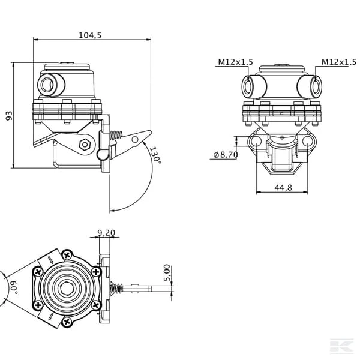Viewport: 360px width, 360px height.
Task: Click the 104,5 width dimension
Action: pos(90,35)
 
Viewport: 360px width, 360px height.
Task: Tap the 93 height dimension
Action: pos(9,115)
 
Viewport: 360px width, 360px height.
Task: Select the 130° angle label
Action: pos(155,155)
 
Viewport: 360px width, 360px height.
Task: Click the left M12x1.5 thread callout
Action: pos(235,62)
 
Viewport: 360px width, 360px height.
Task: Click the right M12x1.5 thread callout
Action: pos(339,62)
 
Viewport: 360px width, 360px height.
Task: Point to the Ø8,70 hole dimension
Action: pos(226,155)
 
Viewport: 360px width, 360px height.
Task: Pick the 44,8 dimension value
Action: pos(283,188)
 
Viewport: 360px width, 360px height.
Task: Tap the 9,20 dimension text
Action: pos(106,233)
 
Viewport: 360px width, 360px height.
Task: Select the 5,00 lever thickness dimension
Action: pos(167,272)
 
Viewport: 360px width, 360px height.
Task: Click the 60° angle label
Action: pos(13,286)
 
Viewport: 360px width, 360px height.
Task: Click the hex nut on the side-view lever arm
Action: pos(85,145)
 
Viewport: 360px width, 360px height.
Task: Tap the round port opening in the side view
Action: pos(47,85)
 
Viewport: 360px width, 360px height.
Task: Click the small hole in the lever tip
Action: pos(135,139)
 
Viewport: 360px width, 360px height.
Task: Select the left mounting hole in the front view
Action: pos(255,141)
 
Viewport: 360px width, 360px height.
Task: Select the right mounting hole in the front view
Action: pos(307,141)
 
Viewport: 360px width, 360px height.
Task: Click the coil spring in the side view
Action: pos(116,136)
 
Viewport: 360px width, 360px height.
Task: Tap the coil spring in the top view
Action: pos(116,288)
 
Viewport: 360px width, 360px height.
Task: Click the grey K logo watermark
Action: pos(341,346)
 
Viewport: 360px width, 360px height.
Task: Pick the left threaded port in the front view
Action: pos(248,86)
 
